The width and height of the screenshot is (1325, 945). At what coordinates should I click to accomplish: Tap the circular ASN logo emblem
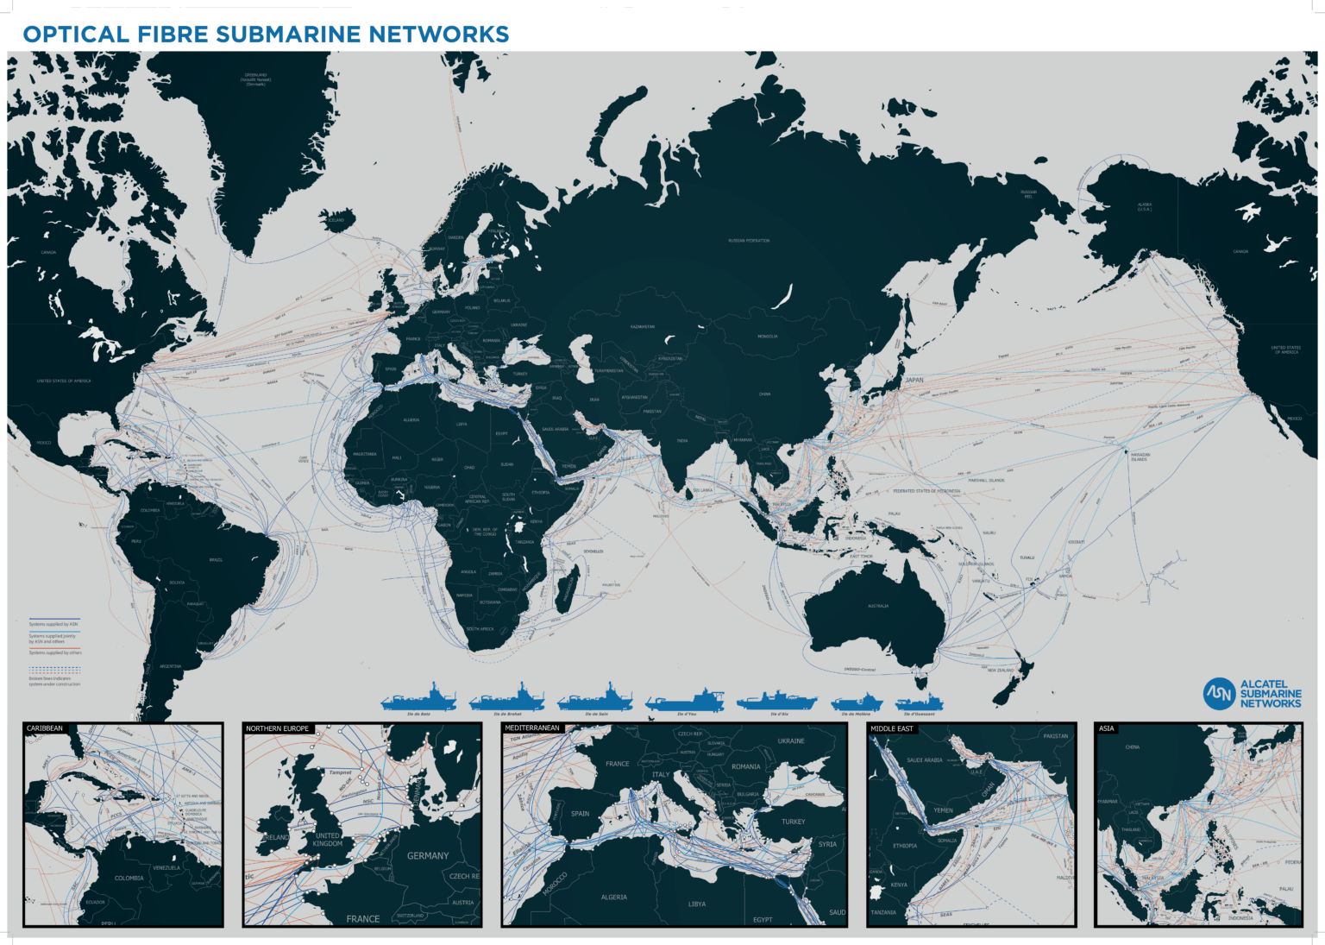1219,693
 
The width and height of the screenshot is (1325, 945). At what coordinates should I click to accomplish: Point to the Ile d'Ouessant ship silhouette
919,702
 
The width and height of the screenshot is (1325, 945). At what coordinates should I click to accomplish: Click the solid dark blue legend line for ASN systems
54,619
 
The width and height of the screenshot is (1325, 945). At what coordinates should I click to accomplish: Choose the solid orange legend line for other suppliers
54,648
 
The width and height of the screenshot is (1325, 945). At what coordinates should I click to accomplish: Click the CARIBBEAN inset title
45,728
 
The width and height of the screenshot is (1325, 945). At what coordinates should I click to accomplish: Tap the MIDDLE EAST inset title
891,728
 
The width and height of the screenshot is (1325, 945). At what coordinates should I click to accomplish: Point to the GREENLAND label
255,75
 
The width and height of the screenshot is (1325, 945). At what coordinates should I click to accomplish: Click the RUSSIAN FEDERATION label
749,241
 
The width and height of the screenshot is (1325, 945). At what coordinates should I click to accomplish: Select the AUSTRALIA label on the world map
878,606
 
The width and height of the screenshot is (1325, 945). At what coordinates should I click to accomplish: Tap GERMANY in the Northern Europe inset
428,856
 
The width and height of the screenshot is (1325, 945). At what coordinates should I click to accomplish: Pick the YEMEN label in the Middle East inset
943,810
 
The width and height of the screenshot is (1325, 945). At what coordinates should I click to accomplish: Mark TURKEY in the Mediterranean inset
793,822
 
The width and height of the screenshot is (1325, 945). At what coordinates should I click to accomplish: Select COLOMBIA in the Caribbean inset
129,879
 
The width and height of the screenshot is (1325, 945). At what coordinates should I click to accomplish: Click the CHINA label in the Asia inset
1132,747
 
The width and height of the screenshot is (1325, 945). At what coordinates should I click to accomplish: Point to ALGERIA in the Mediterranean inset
613,898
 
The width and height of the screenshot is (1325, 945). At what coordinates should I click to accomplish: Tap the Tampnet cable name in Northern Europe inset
340,772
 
